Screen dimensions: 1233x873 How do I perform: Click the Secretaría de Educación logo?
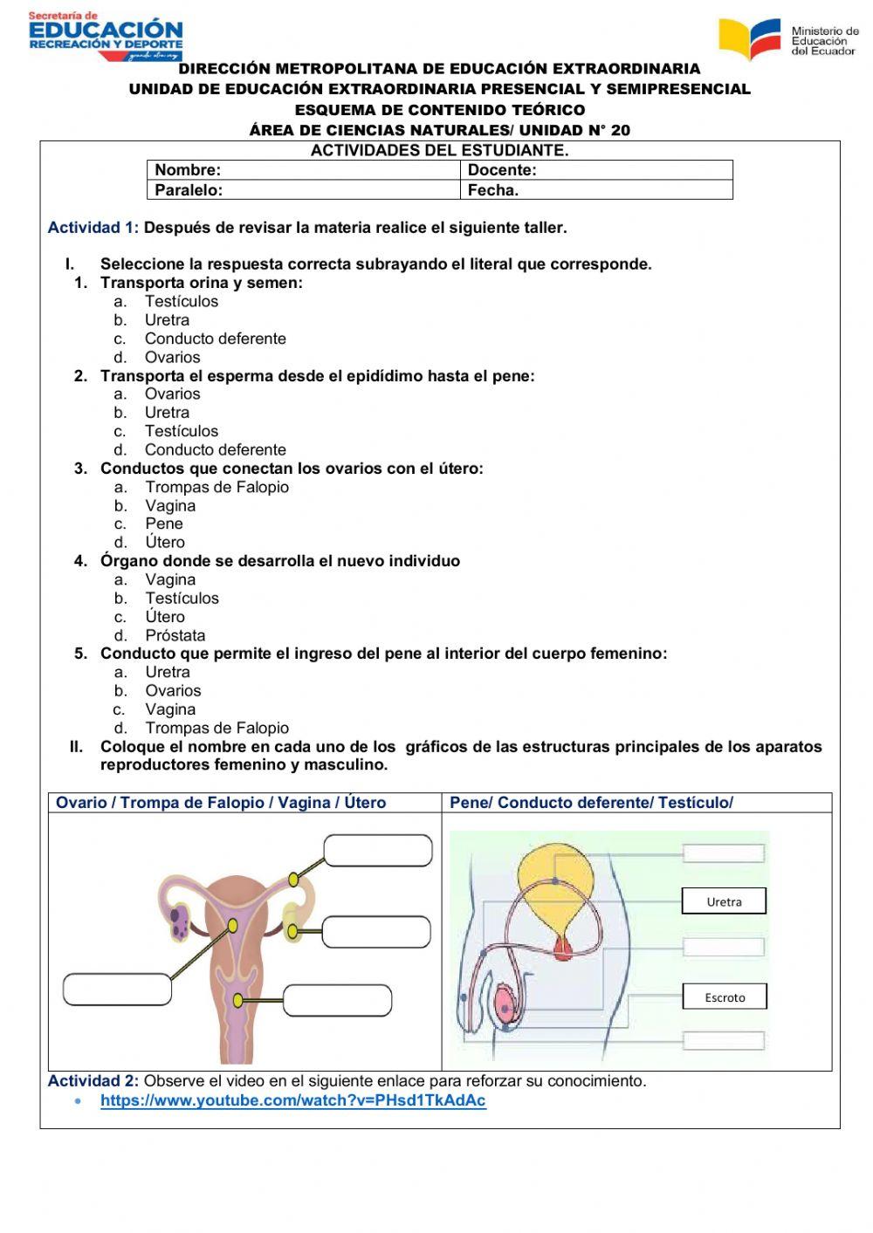[x=105, y=36]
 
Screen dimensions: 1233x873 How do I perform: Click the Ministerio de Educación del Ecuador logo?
[x=788, y=39]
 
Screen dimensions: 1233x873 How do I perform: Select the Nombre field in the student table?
[x=303, y=170]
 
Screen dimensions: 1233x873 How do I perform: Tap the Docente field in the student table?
[x=596, y=170]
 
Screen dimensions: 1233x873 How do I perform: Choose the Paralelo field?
[x=303, y=190]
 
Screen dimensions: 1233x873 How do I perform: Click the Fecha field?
[x=596, y=190]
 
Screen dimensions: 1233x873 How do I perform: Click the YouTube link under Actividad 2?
[x=292, y=1100]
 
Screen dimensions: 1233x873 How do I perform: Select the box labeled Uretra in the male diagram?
[x=724, y=901]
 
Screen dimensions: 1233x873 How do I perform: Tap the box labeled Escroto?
[x=725, y=997]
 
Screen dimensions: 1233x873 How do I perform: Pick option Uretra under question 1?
[x=167, y=320]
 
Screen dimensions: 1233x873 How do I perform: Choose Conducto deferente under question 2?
[x=215, y=449]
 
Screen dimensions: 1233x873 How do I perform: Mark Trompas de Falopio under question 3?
[x=217, y=487]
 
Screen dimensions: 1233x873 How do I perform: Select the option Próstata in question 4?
[x=175, y=635]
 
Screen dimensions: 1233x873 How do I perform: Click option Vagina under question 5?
[x=170, y=709]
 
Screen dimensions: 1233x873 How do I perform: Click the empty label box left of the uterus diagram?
[x=117, y=990]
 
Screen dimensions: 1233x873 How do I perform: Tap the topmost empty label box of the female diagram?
[x=378, y=851]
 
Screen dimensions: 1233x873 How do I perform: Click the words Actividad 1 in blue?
[x=93, y=228]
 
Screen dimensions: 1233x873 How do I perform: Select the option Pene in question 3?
[x=164, y=524]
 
